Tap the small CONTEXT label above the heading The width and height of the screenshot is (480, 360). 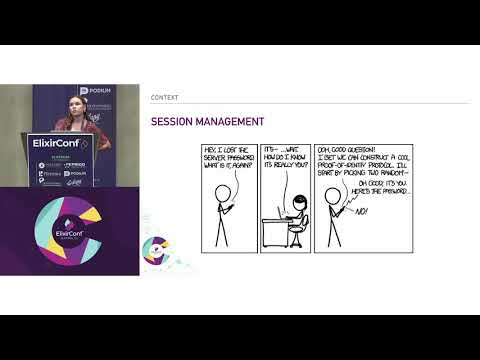pos(165,98)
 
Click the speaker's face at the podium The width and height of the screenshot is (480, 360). pos(71,103)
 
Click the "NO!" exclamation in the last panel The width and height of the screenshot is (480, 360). pos(362,212)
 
